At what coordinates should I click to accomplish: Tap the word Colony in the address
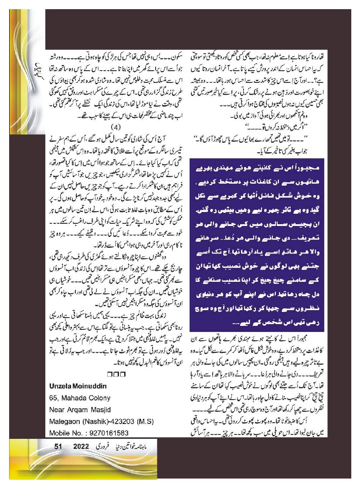98,398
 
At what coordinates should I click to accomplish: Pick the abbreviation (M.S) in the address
146,421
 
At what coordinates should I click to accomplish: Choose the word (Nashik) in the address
95,421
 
